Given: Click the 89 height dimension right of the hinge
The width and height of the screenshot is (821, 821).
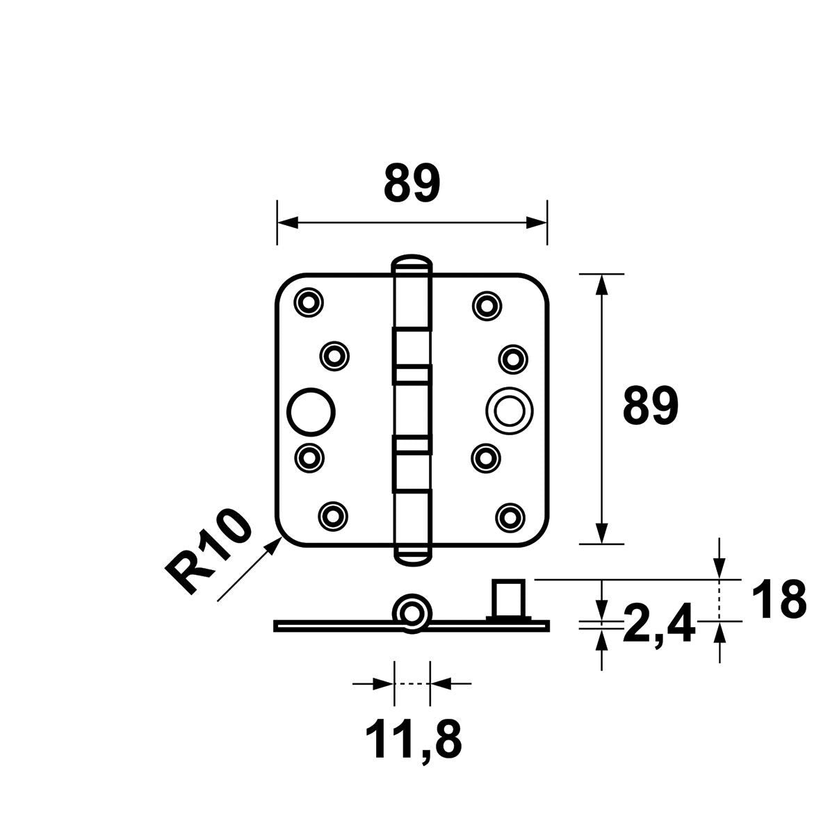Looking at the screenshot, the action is pos(651,405).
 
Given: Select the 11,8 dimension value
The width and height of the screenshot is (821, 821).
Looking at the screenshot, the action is pos(413,740).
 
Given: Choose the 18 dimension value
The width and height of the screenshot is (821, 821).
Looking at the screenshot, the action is pos(779,600).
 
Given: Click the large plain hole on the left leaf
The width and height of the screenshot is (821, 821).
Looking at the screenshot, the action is pos(311,412).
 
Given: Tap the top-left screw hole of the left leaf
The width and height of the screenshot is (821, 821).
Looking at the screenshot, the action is pos(309,302).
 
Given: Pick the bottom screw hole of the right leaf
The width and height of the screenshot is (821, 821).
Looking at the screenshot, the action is pos(510,517).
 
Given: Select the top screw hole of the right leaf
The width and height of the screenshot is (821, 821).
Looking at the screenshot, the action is pos(487,304).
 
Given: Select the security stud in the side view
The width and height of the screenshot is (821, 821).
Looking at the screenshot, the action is pos(508,599).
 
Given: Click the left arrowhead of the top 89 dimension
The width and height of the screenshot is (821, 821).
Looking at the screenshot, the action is pos(288,222).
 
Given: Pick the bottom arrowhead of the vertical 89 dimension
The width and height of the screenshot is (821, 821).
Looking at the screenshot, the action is pos(602,533).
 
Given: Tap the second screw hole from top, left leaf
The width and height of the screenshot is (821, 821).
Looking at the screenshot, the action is pos(334,357).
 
